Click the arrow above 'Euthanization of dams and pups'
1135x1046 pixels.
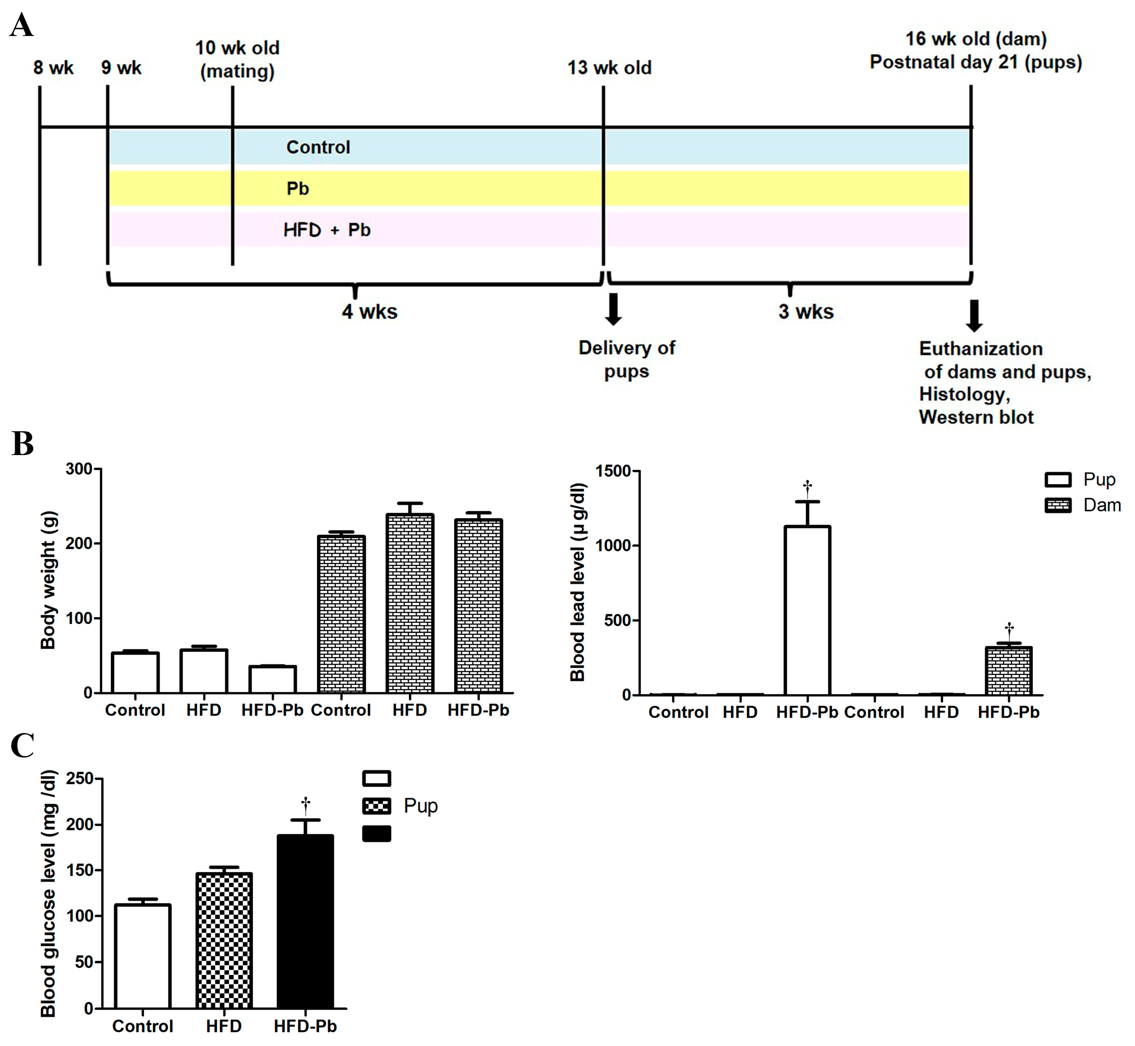click(x=974, y=315)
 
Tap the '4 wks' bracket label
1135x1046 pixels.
click(x=369, y=312)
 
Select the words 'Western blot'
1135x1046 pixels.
click(x=976, y=417)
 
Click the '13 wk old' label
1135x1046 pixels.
click(x=609, y=68)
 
